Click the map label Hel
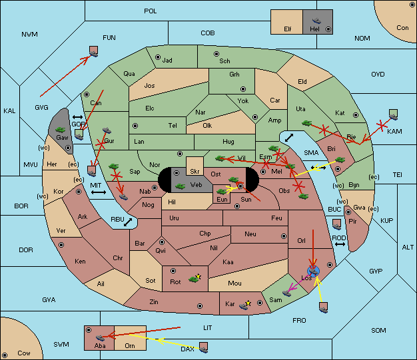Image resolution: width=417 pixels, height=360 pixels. [x=314, y=29]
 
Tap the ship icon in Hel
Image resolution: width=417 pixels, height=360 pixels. [x=316, y=21]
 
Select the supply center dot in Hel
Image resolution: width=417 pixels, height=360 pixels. [x=328, y=29]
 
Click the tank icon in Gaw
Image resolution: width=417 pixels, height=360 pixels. [x=61, y=130]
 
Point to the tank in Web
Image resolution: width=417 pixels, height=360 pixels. [x=181, y=186]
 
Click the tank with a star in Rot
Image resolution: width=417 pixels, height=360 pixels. [x=195, y=279]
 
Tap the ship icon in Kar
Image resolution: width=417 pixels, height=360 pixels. [x=244, y=305]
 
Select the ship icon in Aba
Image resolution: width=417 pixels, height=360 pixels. [x=100, y=337]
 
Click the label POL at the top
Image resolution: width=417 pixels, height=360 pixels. [x=151, y=11]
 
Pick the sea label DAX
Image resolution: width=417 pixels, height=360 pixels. [x=187, y=349]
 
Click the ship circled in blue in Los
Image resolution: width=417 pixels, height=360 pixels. [x=313, y=271]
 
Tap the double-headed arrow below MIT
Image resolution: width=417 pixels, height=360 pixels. [x=99, y=192]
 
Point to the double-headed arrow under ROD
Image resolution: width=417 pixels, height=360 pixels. [x=340, y=244]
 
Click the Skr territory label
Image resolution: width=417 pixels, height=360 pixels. [x=195, y=172]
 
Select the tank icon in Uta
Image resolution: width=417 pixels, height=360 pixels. [x=306, y=123]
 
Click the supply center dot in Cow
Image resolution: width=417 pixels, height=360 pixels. [x=5, y=355]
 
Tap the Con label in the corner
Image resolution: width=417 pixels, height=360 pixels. [x=402, y=28]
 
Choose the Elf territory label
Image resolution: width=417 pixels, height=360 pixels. [x=288, y=29]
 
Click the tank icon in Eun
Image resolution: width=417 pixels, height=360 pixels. [x=221, y=191]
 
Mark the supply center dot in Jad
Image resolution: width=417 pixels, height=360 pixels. [x=158, y=57]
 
